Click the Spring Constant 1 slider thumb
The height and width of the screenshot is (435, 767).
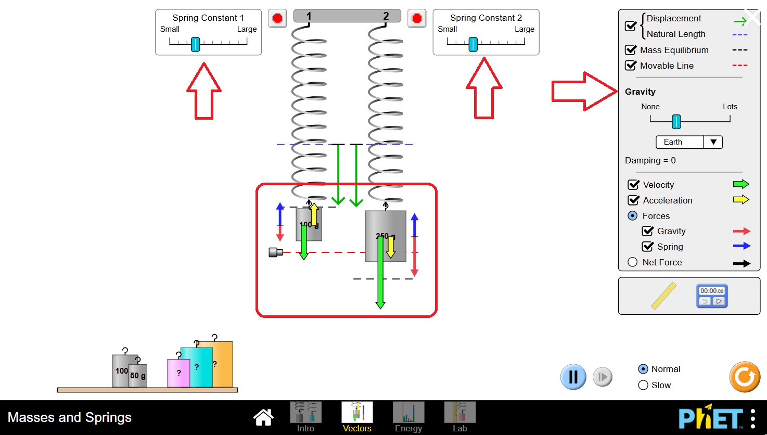coord(195,44)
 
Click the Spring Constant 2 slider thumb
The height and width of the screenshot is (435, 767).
coord(473,44)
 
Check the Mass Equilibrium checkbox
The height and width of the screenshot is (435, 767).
coord(631,50)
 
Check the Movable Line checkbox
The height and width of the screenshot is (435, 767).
coord(631,66)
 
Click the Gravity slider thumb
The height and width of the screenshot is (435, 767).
coord(676,121)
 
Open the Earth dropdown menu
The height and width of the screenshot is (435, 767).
coord(689,142)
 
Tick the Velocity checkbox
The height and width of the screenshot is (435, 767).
coord(634,185)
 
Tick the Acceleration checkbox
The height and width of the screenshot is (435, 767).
coord(634,200)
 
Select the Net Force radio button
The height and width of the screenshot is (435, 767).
coord(633,262)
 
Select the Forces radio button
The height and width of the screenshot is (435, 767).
coord(633,216)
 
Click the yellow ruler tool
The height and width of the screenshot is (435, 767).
coord(663,296)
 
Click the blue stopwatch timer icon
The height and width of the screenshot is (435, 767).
coord(712,296)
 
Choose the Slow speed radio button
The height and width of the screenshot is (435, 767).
coord(643,385)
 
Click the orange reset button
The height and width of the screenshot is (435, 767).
coord(745,377)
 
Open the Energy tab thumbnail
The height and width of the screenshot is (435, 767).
coord(408,413)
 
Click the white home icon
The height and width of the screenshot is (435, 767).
coord(263,417)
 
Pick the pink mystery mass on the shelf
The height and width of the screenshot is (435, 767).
coord(178,373)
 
